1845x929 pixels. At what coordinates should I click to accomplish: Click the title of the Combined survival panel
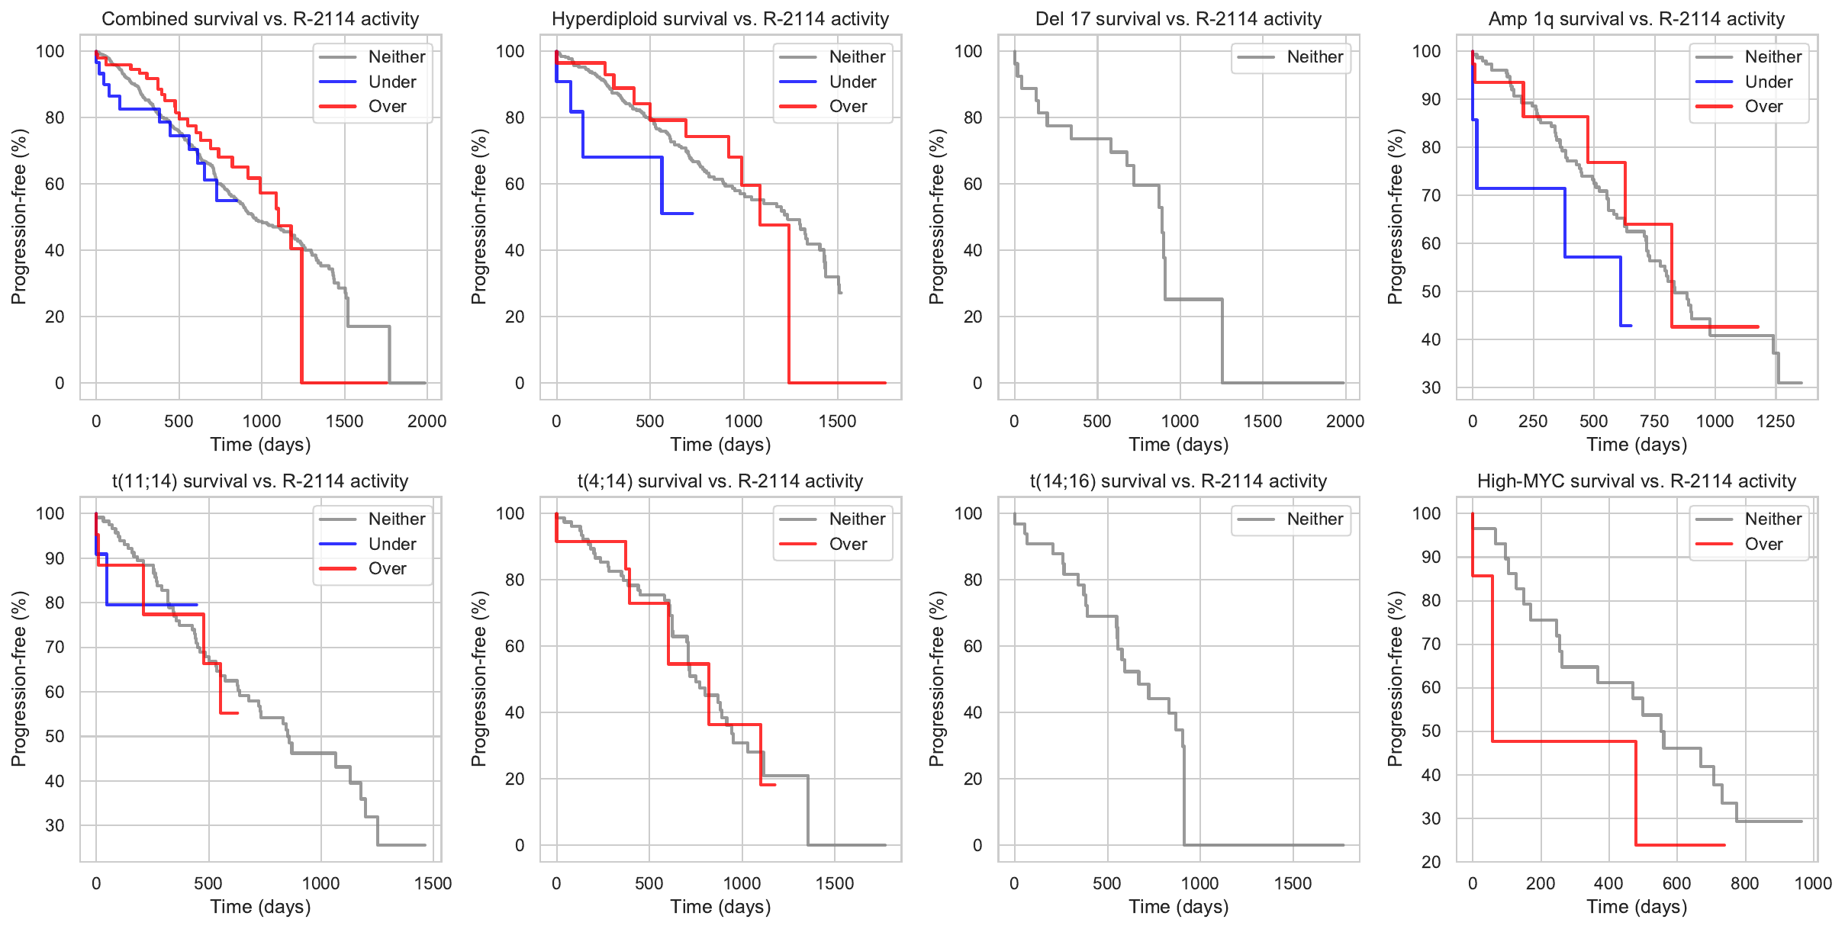[x=260, y=19]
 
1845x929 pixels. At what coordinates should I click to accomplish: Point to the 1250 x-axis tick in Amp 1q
[x=1776, y=421]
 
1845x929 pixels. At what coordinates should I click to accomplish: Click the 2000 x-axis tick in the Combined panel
[x=427, y=421]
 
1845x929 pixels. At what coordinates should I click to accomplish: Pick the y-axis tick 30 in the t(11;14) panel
[x=55, y=825]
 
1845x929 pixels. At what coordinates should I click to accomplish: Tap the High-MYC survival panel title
[x=1636, y=481]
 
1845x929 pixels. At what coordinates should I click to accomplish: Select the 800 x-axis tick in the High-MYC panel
[x=1745, y=883]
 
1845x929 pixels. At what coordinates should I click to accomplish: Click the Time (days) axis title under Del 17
[x=1178, y=445]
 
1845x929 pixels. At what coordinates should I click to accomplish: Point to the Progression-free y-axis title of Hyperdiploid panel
[x=478, y=217]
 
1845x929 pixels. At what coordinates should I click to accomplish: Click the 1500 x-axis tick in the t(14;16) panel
[x=1293, y=883]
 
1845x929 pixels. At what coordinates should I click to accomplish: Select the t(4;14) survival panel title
[x=720, y=481]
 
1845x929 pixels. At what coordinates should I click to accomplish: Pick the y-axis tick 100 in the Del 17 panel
[x=968, y=51]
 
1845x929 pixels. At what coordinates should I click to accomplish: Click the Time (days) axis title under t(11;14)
[x=260, y=907]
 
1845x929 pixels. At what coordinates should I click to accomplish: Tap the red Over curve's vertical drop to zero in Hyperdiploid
[x=789, y=305]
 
